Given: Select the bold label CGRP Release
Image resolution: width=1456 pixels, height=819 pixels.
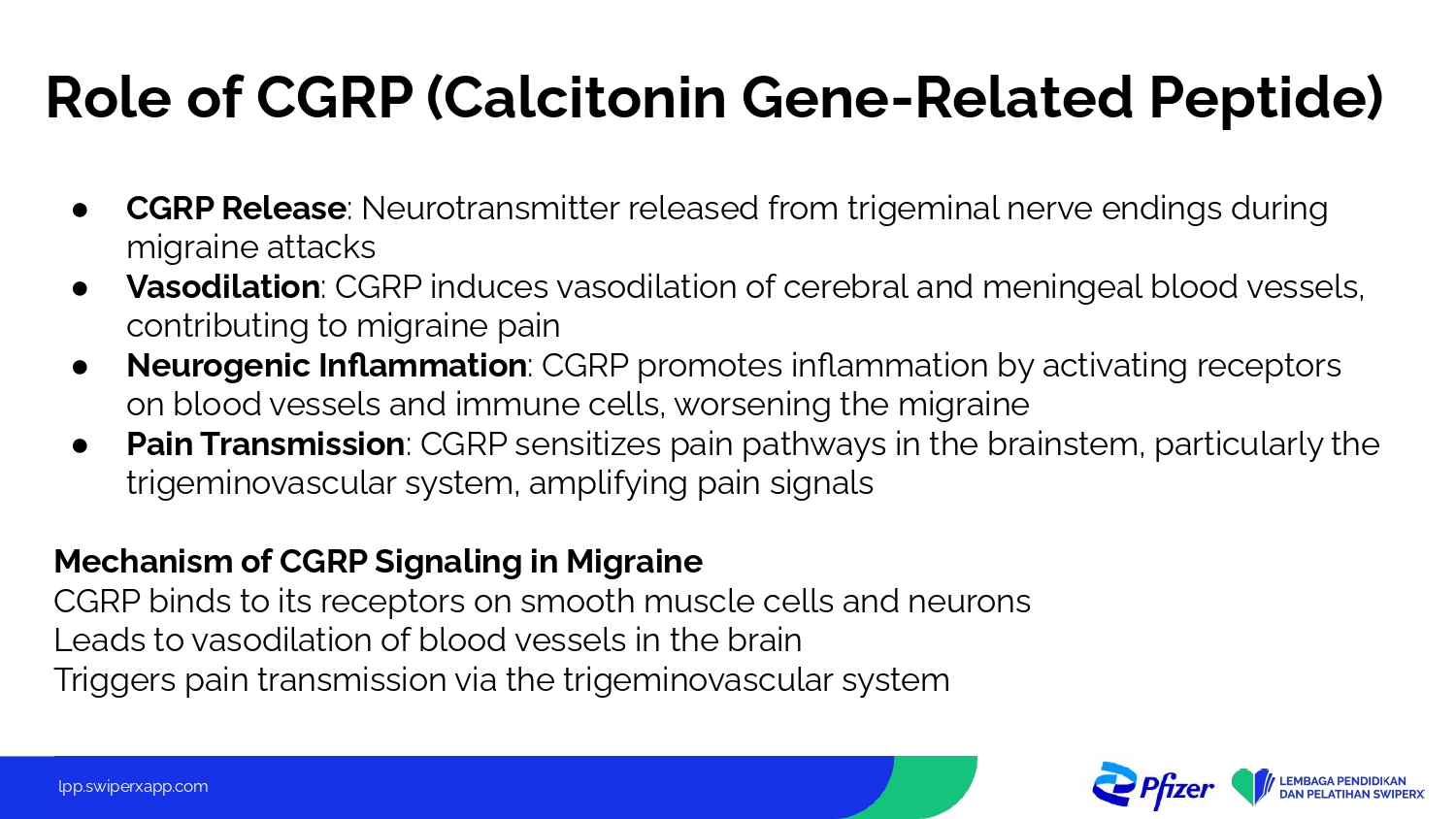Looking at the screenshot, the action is point(236,209).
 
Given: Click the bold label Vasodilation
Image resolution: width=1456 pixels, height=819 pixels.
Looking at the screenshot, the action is point(223,286).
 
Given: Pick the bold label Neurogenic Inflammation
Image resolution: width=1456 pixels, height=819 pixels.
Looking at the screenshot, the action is point(326,366).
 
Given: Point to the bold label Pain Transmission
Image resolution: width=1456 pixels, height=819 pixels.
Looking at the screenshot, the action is point(266,444).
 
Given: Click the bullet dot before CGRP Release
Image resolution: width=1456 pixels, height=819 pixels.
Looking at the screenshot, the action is point(80,211).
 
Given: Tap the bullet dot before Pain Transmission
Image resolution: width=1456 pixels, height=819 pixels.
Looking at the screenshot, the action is point(80,446).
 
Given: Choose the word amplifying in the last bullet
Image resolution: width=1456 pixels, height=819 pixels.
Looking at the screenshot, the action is point(609,484).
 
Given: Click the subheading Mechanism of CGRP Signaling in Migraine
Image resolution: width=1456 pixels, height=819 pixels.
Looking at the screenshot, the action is point(379,562).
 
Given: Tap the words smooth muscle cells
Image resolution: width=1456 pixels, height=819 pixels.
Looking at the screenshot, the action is point(677,602).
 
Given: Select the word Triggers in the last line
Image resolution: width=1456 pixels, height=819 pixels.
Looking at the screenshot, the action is point(115,680).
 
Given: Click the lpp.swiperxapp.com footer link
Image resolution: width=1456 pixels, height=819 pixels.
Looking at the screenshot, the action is point(133,787).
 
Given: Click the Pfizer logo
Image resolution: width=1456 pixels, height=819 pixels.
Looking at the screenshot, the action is point(1153,786).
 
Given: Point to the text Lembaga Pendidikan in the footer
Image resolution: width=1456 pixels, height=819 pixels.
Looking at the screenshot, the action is point(1342,781).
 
